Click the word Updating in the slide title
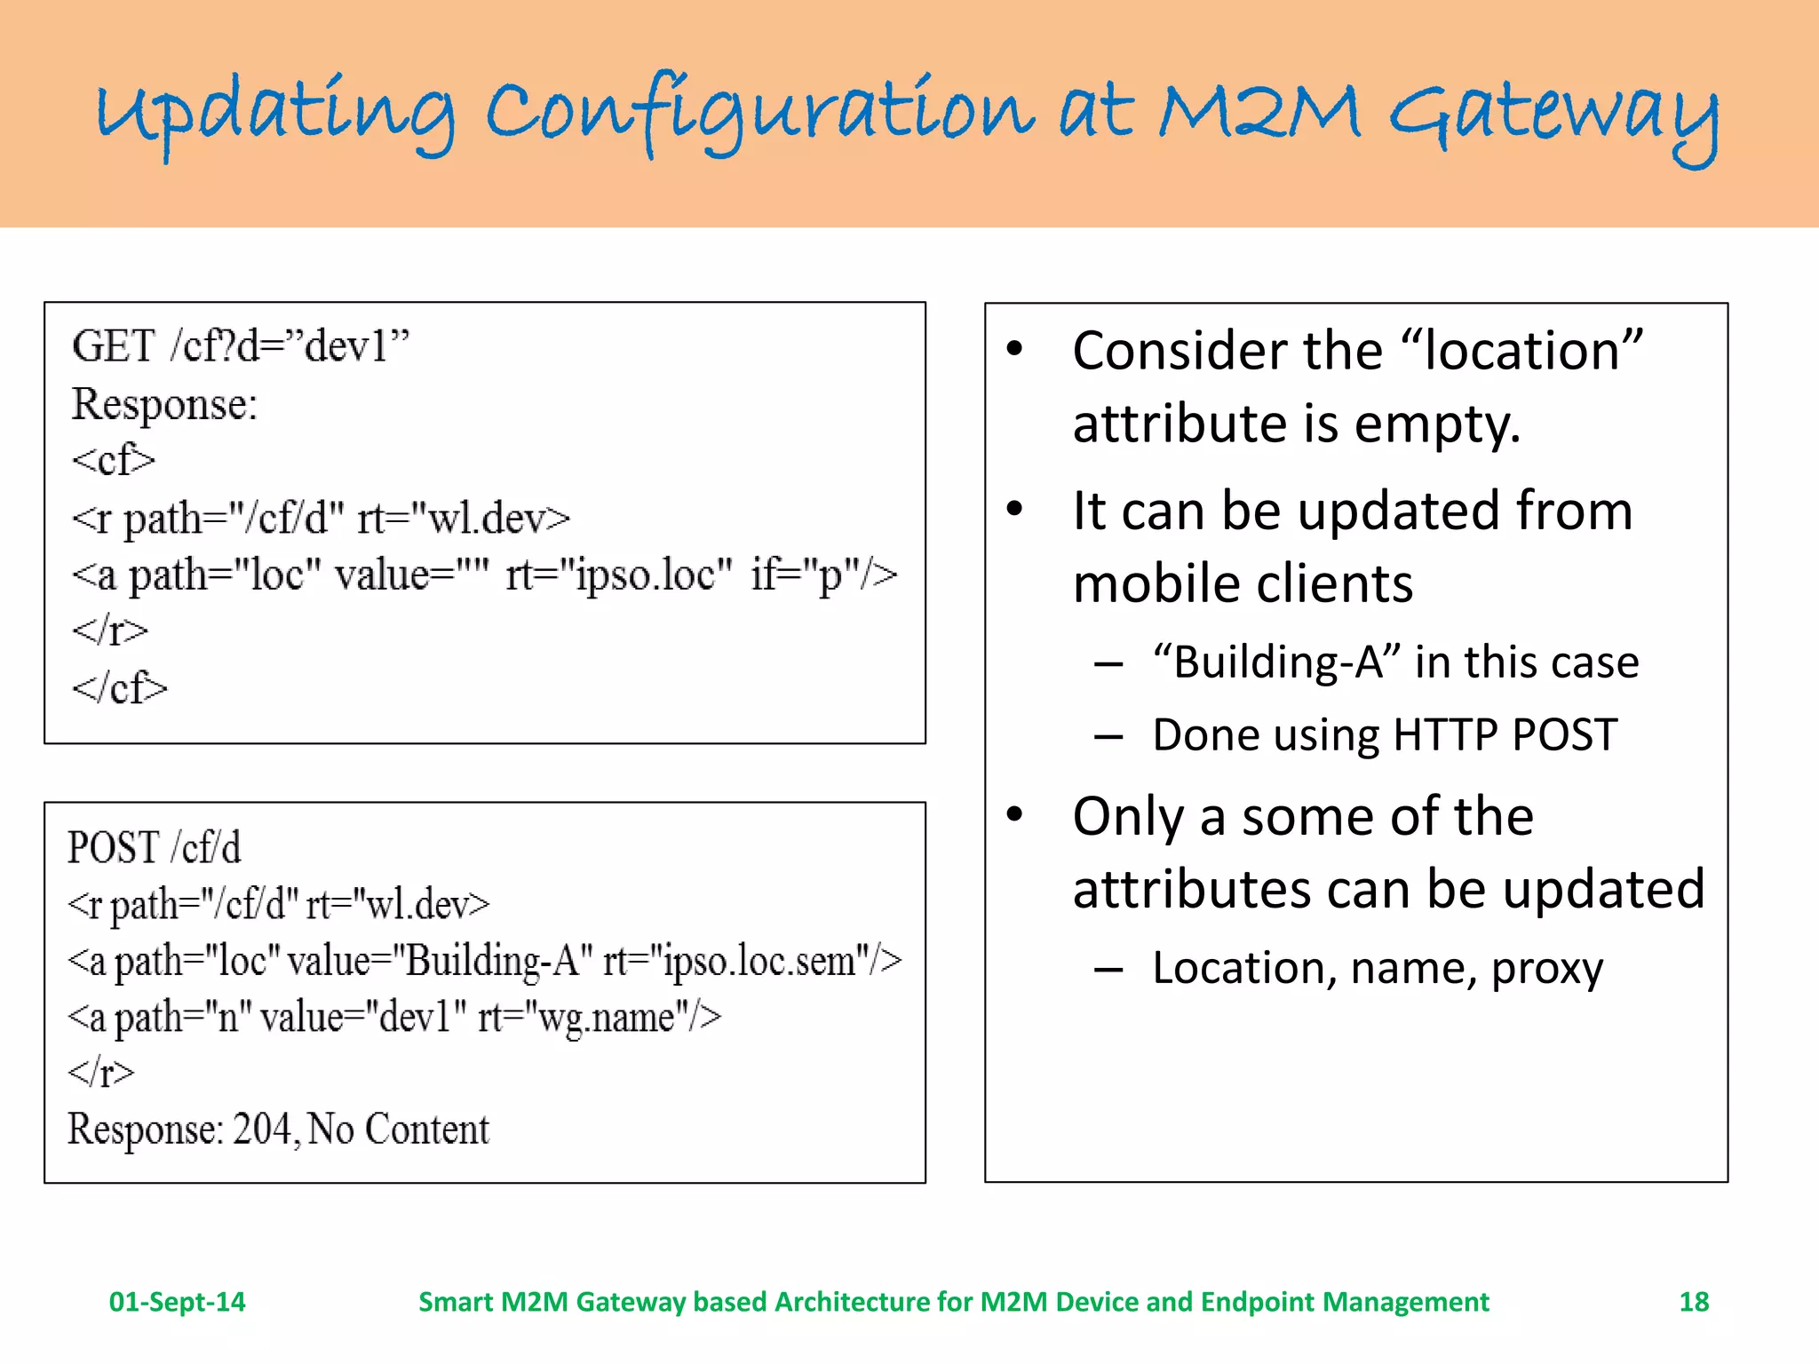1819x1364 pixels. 275,115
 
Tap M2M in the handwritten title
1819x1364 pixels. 1259,113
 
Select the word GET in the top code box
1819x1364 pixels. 114,346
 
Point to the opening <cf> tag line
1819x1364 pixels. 114,460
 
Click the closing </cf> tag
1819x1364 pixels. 119,687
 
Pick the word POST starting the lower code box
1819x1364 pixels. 114,848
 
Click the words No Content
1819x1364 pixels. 399,1130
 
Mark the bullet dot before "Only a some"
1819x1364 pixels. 1015,814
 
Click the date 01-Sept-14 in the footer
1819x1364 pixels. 177,1302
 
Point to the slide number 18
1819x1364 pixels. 1694,1302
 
